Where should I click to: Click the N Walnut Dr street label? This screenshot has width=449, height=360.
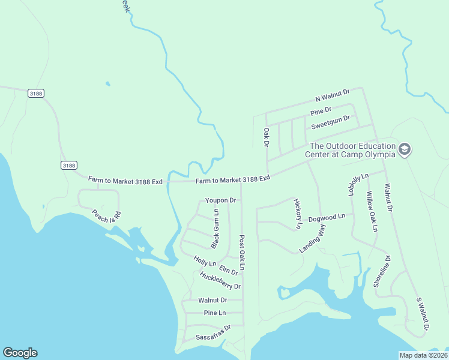332,95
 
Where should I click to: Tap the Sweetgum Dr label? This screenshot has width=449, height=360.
330,122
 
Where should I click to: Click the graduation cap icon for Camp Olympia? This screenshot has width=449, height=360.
405,149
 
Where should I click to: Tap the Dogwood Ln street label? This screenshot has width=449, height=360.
327,217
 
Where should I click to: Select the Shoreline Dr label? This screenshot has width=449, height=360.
382,272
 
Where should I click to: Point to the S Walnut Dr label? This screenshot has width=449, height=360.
423,314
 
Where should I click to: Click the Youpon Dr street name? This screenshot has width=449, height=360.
220,200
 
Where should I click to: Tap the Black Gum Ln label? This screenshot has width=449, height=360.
215,229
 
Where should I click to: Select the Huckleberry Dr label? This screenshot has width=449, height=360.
220,281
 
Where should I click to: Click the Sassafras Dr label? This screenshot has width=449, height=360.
213,334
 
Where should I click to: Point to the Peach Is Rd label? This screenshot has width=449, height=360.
106,216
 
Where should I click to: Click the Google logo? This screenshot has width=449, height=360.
20,353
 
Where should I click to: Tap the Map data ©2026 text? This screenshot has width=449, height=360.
423,355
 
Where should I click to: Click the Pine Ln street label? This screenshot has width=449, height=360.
214,313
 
